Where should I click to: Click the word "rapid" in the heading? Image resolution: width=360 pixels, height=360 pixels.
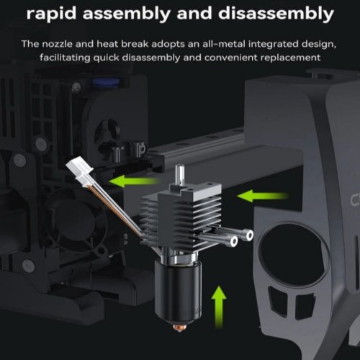(51, 14)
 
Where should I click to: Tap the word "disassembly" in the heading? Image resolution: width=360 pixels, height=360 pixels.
(276, 14)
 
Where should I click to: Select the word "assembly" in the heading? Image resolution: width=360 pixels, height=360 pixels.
(126, 14)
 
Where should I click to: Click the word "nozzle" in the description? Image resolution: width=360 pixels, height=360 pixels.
(57, 44)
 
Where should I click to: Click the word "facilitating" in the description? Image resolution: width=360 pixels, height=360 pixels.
(65, 58)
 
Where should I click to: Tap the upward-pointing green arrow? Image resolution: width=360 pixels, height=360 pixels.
(219, 307)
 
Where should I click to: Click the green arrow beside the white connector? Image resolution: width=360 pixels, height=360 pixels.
(134, 181)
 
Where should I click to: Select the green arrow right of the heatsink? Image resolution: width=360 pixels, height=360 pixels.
(262, 196)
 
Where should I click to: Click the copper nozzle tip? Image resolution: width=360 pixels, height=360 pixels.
(179, 328)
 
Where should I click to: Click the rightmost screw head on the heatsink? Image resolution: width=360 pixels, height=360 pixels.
(250, 235)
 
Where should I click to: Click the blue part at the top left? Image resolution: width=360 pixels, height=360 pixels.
(106, 82)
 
